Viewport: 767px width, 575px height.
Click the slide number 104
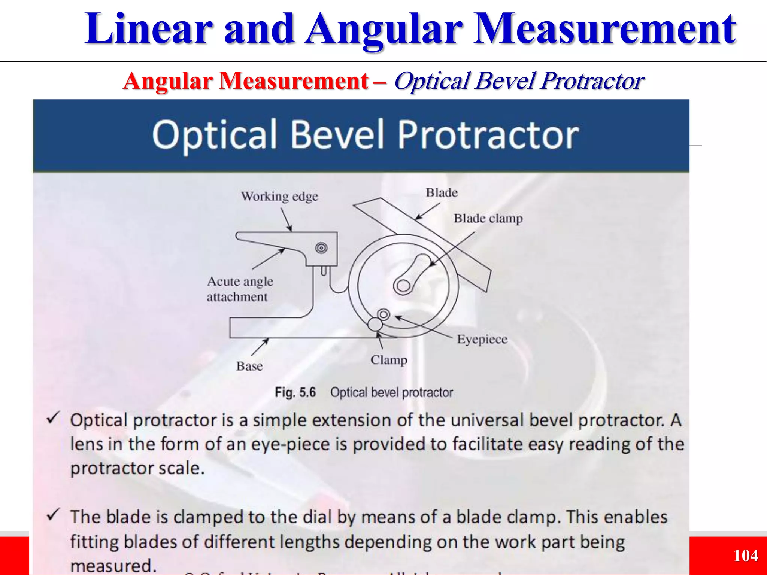pyautogui.click(x=745, y=556)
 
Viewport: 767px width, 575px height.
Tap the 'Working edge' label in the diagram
pyautogui.click(x=279, y=197)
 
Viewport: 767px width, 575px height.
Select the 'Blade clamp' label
pyautogui.click(x=488, y=219)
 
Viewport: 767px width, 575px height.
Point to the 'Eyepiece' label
pyautogui.click(x=482, y=340)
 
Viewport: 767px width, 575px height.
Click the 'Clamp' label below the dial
pyautogui.click(x=389, y=360)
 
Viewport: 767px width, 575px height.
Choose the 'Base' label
pyautogui.click(x=249, y=366)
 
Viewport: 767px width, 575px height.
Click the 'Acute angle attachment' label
pyautogui.click(x=240, y=289)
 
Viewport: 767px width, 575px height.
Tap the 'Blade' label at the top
pyautogui.click(x=442, y=193)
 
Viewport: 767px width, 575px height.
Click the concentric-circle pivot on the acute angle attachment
pyautogui.click(x=321, y=248)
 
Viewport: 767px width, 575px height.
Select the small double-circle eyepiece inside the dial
pyautogui.click(x=383, y=314)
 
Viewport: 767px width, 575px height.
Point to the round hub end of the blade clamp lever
pyautogui.click(x=403, y=286)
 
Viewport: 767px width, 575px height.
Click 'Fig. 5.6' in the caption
pyautogui.click(x=295, y=393)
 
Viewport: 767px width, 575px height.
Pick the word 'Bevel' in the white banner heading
pyautogui.click(x=337, y=135)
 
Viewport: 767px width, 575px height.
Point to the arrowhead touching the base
pyautogui.click(x=267, y=340)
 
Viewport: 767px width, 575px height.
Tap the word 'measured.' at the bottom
pyautogui.click(x=113, y=566)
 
